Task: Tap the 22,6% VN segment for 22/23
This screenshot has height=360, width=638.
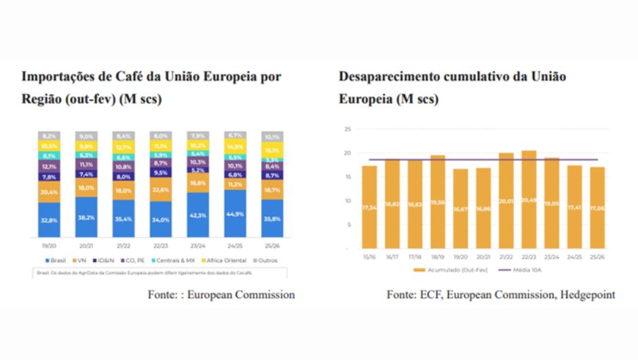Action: click(x=161, y=190)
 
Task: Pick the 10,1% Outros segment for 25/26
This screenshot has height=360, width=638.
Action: click(x=271, y=137)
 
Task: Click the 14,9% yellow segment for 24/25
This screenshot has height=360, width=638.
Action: click(x=235, y=147)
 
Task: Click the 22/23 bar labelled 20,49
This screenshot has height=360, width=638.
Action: click(x=529, y=200)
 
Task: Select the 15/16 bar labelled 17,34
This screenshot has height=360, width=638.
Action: click(x=369, y=207)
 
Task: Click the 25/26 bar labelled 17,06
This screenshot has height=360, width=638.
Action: click(x=597, y=208)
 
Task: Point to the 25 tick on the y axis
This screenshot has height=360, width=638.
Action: click(x=347, y=129)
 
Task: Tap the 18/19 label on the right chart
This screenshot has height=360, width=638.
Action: click(x=437, y=257)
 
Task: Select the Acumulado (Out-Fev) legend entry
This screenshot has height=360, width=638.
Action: click(x=446, y=270)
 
